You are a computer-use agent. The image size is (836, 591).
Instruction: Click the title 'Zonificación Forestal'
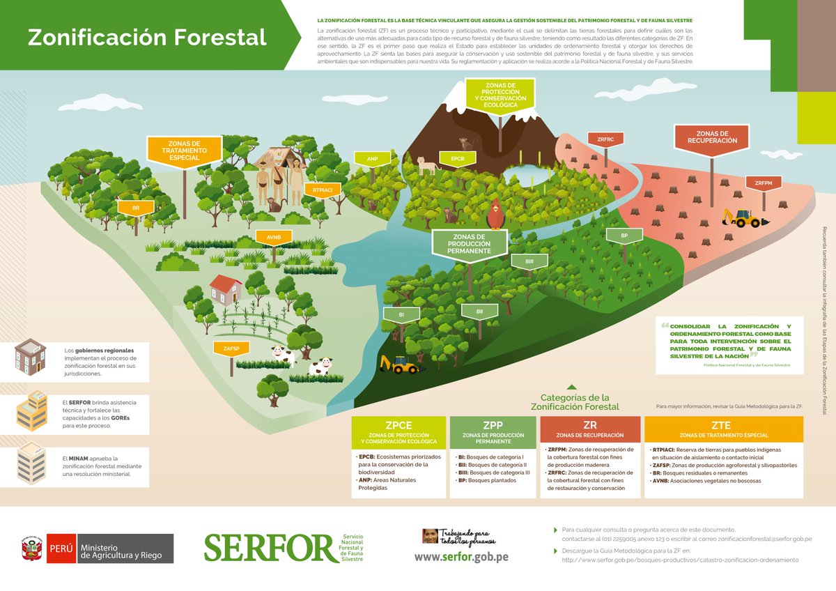[147, 37]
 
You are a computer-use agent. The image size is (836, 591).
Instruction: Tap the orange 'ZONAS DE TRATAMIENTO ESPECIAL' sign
[185, 148]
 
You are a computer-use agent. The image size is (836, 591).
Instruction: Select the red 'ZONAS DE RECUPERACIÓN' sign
[712, 137]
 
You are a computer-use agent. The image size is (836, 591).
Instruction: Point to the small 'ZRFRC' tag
[605, 139]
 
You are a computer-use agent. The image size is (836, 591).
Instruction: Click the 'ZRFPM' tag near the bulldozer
[764, 183]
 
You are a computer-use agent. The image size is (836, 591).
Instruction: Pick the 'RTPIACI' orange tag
[322, 190]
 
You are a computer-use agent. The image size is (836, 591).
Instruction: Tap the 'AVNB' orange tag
[273, 237]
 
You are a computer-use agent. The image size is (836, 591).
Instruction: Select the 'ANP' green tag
[373, 159]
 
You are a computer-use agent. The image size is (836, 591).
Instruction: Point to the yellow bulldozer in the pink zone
[743, 217]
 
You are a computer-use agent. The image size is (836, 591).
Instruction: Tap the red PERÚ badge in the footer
[60, 548]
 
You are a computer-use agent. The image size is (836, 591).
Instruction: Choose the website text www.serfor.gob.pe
[461, 557]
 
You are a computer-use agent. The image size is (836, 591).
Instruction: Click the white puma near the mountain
[426, 165]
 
